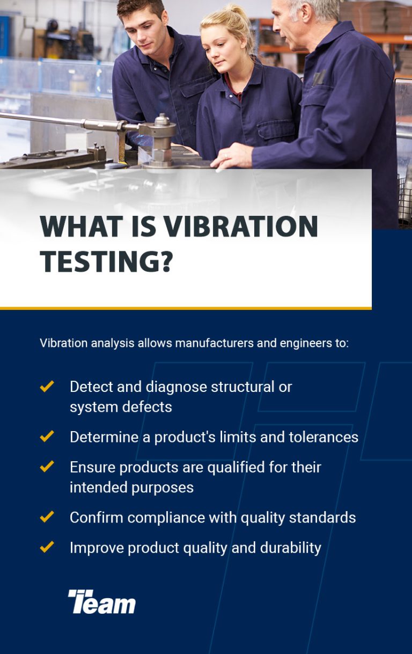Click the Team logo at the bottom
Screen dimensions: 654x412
click(x=102, y=601)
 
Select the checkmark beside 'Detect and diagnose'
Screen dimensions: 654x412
click(x=47, y=386)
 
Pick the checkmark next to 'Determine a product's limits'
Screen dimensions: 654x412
click(x=47, y=437)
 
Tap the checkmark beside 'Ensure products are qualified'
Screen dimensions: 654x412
click(x=47, y=467)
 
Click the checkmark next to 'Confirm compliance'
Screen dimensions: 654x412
click(x=47, y=517)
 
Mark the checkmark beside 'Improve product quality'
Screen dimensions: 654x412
click(x=47, y=547)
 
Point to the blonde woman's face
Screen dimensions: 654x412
click(x=219, y=48)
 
